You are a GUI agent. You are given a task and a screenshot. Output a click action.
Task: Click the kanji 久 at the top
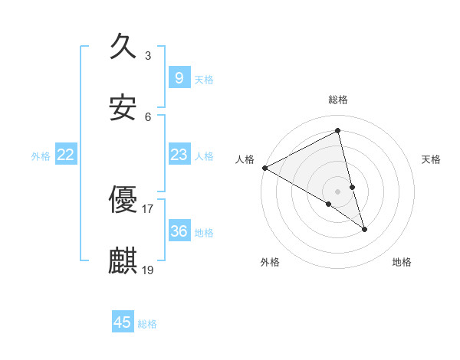pyautogui.click(x=123, y=47)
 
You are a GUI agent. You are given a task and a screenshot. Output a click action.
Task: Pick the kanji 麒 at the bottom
pyautogui.click(x=123, y=261)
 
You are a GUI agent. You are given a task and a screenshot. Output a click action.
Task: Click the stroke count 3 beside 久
pyautogui.click(x=147, y=55)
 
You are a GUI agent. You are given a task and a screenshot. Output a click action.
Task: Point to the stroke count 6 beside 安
pyautogui.click(x=147, y=116)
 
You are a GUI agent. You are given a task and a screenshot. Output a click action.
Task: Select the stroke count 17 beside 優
pyautogui.click(x=148, y=208)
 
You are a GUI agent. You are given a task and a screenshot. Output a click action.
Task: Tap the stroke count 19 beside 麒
pyautogui.click(x=148, y=270)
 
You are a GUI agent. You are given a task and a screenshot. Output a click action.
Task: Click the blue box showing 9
pyautogui.click(x=179, y=78)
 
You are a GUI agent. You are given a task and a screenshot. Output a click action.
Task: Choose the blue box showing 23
pyautogui.click(x=179, y=155)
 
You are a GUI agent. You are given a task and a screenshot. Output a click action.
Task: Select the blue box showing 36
pyautogui.click(x=179, y=231)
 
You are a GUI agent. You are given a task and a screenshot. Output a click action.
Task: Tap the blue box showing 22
pyautogui.click(x=66, y=155)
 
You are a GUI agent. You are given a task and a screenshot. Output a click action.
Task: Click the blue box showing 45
pyautogui.click(x=122, y=322)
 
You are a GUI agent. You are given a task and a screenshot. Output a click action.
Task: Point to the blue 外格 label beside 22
pyautogui.click(x=41, y=156)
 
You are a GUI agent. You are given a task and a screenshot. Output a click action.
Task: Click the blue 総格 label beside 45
pyautogui.click(x=147, y=324)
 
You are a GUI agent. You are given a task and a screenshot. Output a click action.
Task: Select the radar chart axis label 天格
pyautogui.click(x=431, y=159)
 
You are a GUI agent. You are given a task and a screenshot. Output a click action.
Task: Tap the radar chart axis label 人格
pyautogui.click(x=245, y=159)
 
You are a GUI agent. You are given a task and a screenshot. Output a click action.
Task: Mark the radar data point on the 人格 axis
pyautogui.click(x=264, y=168)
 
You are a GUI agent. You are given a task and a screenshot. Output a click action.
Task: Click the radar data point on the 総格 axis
pyautogui.click(x=337, y=131)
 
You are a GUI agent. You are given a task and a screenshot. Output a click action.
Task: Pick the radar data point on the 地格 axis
pyautogui.click(x=364, y=229)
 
